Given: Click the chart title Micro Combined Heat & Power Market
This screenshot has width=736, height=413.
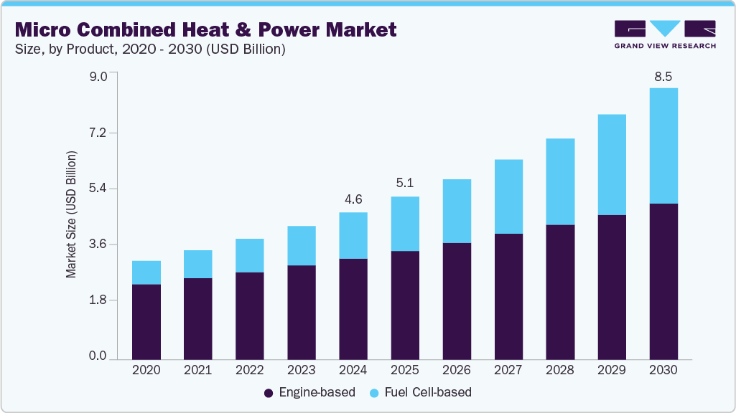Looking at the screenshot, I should point(205,29).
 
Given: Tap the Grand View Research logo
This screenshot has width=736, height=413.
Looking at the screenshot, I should point(664,34).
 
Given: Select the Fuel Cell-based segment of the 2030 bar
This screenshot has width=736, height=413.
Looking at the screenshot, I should point(663,146).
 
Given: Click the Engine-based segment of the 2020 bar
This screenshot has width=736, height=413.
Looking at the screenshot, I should point(146,321).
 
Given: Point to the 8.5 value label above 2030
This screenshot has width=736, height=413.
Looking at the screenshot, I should point(663,77).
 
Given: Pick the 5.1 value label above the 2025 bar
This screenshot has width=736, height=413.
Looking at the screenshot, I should point(405,184).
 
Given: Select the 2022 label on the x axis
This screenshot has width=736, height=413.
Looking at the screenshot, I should point(250,370).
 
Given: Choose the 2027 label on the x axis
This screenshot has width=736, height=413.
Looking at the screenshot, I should point(508,370).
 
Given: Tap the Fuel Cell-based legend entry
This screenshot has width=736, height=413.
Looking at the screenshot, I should point(420,392).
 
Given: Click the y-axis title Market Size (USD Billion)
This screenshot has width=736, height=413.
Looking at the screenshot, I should point(71,215).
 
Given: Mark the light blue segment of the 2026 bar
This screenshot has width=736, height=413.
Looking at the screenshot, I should point(457,211).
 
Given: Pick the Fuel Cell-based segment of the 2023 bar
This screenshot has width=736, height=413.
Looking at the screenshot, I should point(302,245).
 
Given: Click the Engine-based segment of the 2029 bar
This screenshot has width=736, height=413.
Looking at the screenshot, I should point(612,287).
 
